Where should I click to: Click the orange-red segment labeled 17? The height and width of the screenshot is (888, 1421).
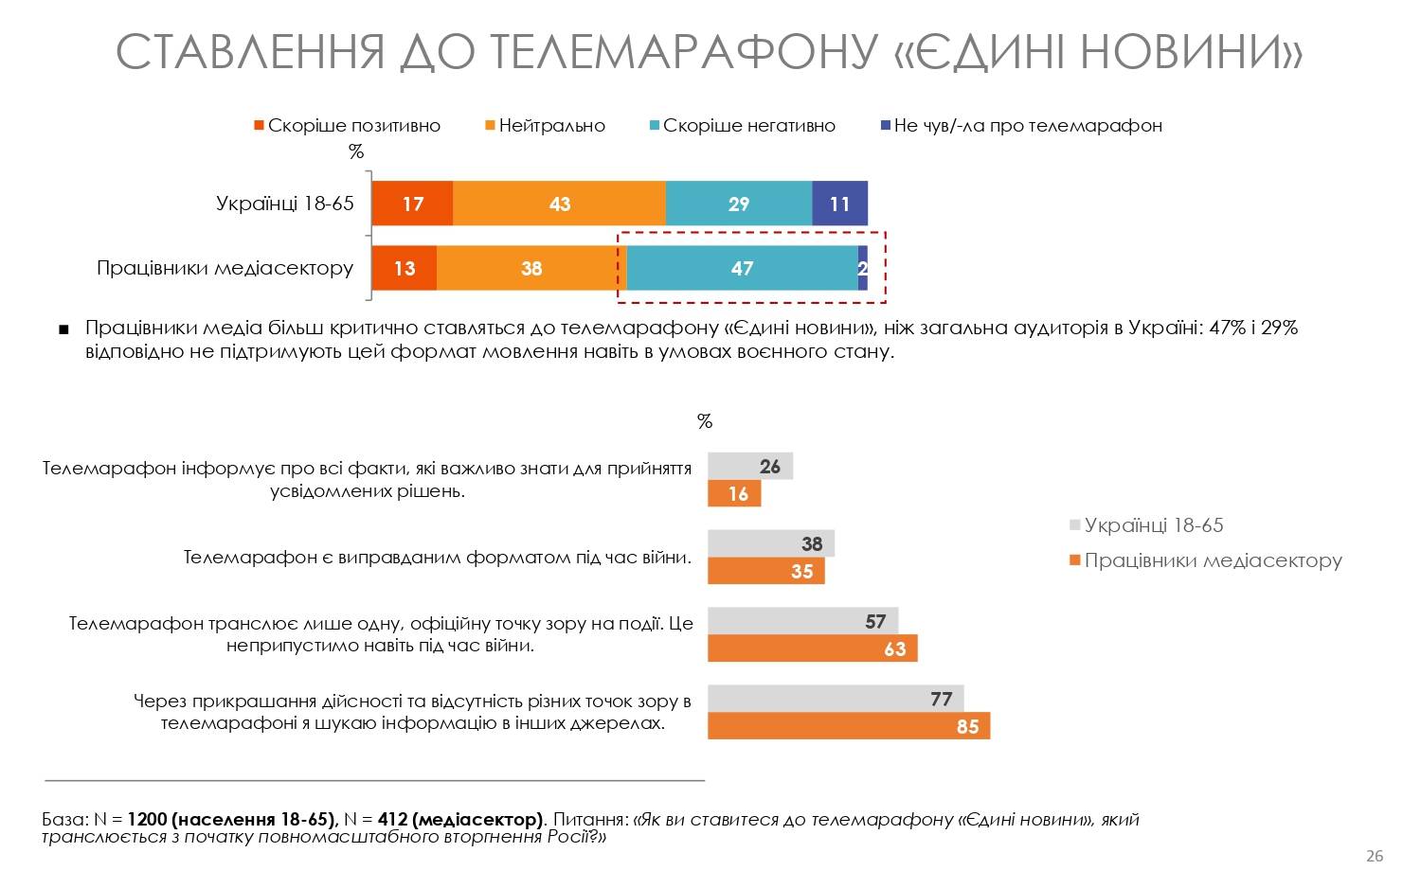(412, 204)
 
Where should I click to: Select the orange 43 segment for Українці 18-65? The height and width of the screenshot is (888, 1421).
(559, 204)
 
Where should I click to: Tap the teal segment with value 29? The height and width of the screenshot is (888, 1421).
(739, 204)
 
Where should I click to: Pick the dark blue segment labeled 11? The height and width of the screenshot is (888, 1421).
(839, 204)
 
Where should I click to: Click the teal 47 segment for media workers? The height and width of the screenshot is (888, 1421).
(742, 268)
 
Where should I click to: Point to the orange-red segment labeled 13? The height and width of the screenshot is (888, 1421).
(405, 268)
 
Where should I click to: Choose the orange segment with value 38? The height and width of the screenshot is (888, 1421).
(531, 268)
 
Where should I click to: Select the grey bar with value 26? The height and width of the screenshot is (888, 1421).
(750, 466)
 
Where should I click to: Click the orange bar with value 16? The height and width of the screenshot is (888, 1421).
(734, 493)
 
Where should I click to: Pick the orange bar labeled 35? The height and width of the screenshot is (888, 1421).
(765, 571)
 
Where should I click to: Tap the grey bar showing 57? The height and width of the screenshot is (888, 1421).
(802, 621)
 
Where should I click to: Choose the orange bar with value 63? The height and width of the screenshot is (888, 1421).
(812, 648)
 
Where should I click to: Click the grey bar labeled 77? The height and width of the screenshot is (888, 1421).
(835, 699)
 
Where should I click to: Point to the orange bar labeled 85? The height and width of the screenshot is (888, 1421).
(848, 726)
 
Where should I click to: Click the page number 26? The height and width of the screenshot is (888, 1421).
(1374, 856)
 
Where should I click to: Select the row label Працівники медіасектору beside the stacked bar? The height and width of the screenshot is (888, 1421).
(225, 268)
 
